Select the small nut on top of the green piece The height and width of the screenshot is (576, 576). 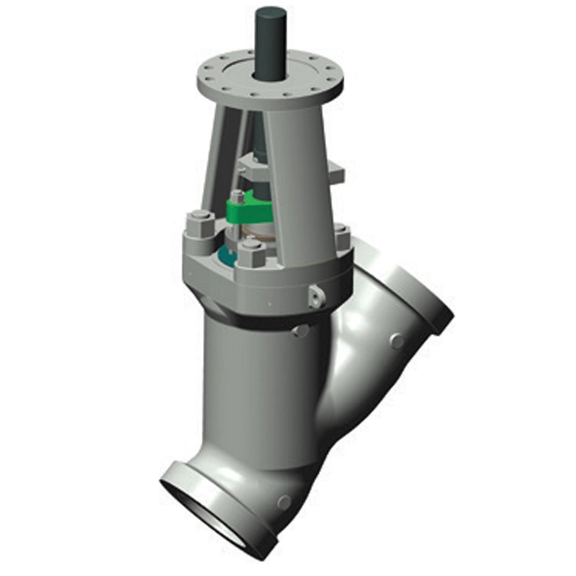[237, 196]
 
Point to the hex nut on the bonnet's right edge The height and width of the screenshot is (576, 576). [341, 235]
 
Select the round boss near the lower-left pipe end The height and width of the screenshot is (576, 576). [284, 502]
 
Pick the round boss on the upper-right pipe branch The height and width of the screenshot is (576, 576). [397, 341]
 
